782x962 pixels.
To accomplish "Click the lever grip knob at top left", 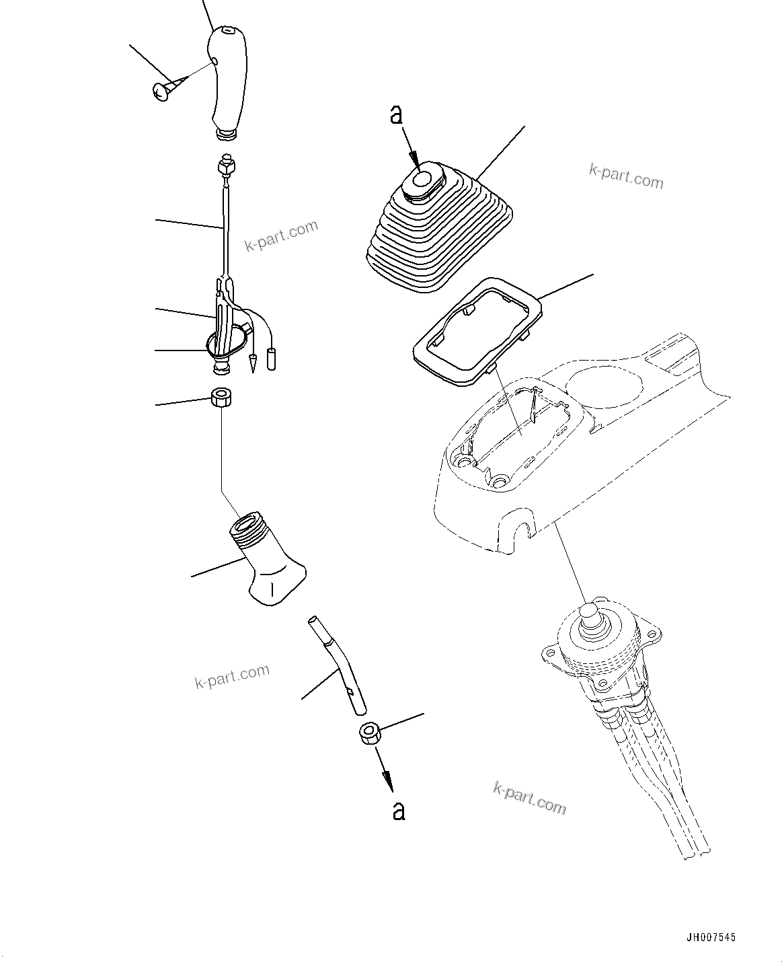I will coord(227,81).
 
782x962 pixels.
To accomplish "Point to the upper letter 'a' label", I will coord(397,115).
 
